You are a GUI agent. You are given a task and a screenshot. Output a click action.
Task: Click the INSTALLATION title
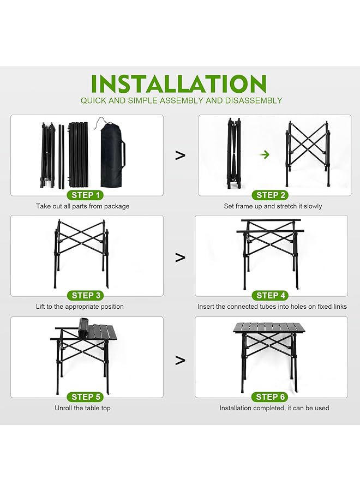(x=178, y=83)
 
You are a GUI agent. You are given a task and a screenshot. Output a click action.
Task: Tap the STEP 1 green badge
(x=86, y=195)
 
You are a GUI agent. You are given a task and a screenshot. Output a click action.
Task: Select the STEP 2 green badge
(x=271, y=195)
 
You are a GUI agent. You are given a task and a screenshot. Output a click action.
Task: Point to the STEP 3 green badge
(x=86, y=295)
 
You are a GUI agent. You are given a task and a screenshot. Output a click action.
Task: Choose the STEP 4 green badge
(x=271, y=295)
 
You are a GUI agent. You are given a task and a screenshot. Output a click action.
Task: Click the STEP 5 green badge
(x=86, y=397)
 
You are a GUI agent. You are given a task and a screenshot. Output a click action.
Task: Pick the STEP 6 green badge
(x=271, y=397)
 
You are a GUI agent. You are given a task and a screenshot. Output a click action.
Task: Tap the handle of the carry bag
(x=124, y=154)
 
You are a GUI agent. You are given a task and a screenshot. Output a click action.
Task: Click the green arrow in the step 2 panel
(x=265, y=154)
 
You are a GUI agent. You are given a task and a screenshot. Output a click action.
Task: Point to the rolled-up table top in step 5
(x=83, y=328)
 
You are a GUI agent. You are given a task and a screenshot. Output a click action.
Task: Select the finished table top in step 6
(x=269, y=327)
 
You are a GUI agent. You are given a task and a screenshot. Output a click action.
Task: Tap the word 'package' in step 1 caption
(x=117, y=206)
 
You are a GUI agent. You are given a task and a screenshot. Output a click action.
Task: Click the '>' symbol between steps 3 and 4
(x=180, y=258)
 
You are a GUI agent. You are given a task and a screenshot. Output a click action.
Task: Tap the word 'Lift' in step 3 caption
(x=40, y=307)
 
